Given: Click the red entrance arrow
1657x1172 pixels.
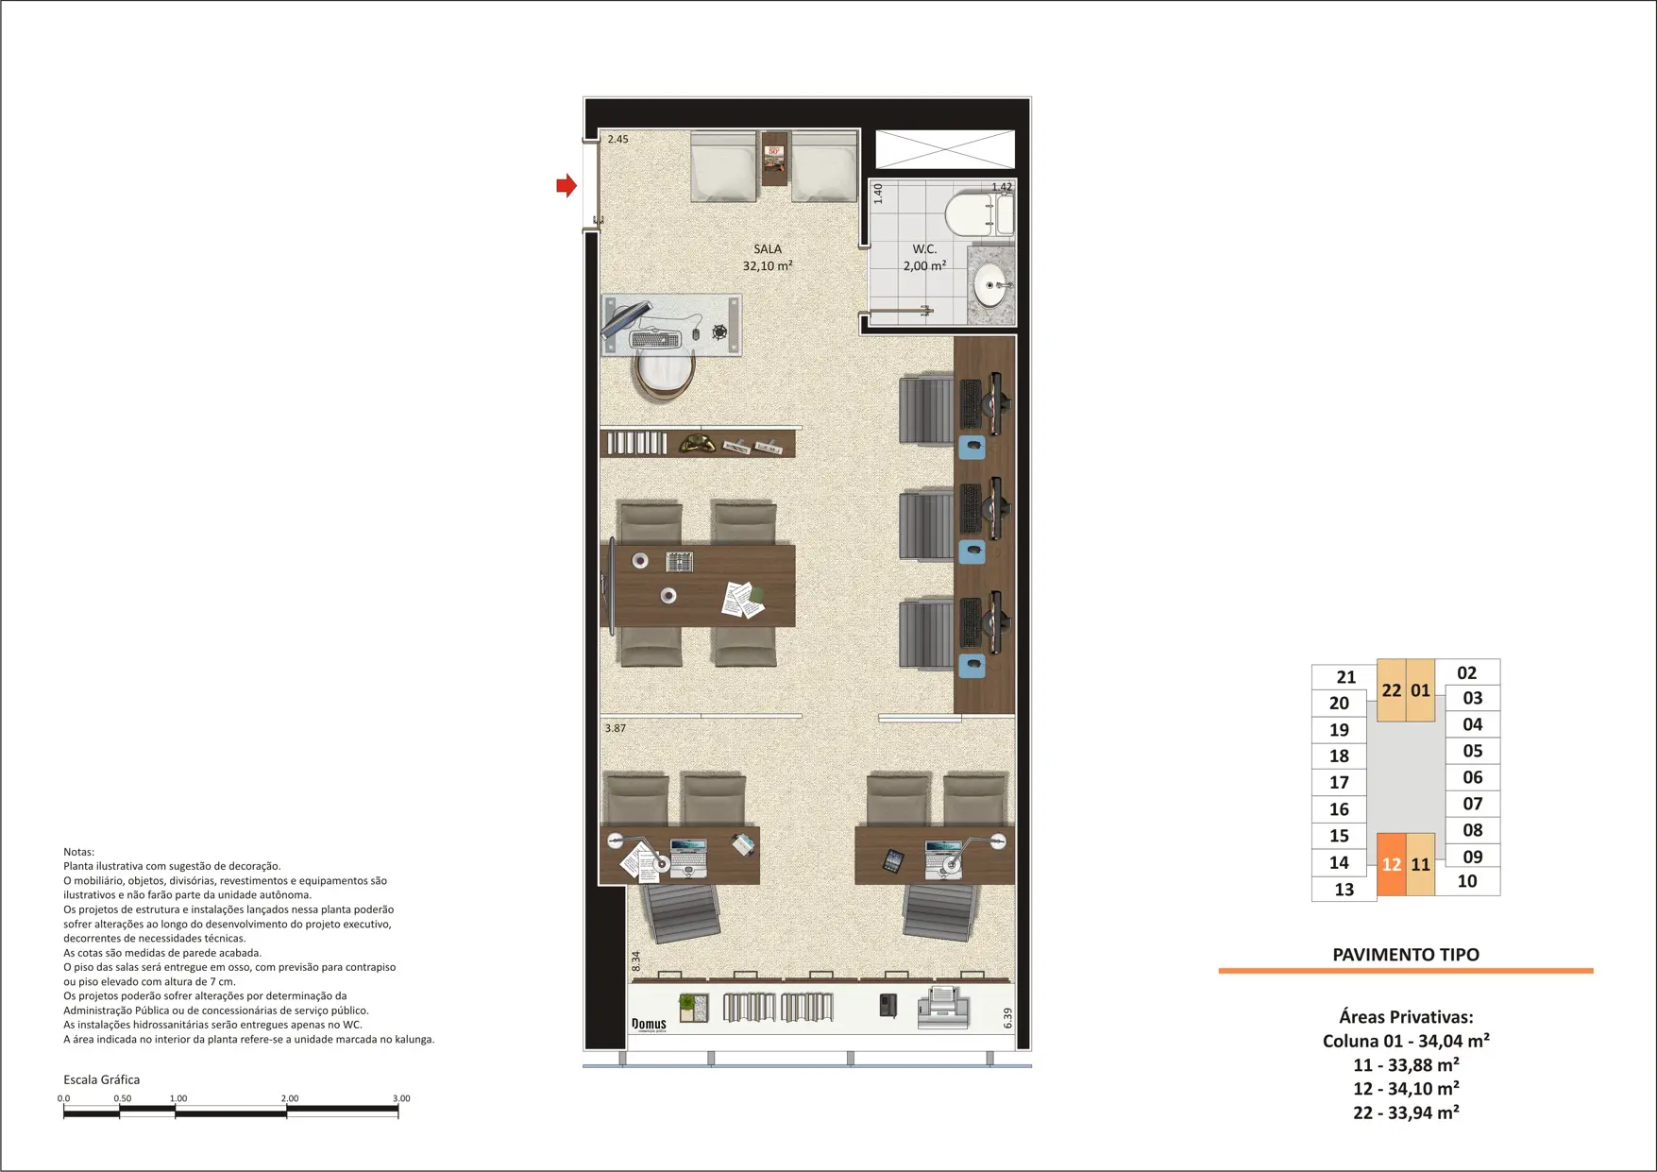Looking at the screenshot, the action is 566,185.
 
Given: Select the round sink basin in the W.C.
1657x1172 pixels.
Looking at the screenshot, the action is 989,285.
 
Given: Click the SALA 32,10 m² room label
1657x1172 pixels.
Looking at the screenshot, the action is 768,258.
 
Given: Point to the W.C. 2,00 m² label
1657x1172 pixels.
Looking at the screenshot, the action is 924,258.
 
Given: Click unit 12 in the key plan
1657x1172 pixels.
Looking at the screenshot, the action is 1392,864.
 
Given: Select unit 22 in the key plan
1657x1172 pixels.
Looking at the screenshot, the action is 1392,690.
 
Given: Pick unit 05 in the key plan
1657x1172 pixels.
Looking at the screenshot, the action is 1473,751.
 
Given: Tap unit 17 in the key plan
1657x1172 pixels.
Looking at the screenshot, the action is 1340,782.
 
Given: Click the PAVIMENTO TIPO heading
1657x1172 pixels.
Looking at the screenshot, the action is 1406,955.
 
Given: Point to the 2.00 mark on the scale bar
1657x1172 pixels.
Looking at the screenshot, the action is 290,1098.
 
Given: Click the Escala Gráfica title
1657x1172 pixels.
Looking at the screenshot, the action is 101,1079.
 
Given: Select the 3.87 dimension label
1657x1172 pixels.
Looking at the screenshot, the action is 616,728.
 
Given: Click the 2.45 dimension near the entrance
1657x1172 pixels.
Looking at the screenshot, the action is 618,139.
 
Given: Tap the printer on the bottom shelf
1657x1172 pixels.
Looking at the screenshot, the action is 945,1008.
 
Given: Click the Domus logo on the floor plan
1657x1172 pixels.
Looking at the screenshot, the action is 649,1025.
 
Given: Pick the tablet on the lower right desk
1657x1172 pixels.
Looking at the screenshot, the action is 893,860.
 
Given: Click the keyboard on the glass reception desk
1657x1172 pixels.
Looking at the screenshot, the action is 655,339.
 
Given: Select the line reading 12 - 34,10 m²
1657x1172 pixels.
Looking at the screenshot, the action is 1406,1089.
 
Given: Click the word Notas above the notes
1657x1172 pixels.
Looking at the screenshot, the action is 78,852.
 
